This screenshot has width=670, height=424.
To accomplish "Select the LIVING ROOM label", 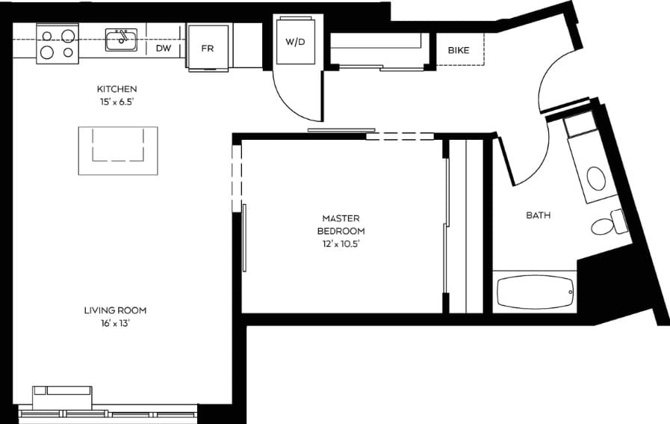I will [114, 310].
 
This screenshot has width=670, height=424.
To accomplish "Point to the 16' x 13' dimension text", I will [114, 323].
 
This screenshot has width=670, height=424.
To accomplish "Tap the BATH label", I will [538, 215].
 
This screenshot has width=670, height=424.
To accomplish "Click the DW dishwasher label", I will [164, 49].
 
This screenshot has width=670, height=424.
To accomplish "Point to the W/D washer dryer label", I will [296, 41].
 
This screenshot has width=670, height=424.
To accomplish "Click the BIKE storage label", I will [459, 51].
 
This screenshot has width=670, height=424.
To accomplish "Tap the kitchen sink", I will [120, 40].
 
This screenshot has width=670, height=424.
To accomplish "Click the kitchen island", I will [118, 150].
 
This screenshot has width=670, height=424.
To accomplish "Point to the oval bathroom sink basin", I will [597, 179].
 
